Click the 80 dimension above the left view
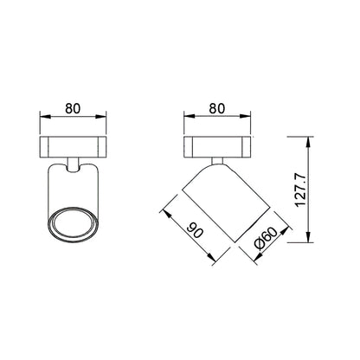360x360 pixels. coord(73,108)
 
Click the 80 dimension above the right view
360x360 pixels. coord(217,108)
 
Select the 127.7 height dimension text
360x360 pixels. coord(300,190)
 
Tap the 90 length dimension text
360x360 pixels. coord(195,230)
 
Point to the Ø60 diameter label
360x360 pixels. coord(266,238)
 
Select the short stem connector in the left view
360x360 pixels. coord(73,164)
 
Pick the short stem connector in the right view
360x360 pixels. coord(217,161)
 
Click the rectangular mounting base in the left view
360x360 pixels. coord(73,147)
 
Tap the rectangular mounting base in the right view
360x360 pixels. coord(217,147)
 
